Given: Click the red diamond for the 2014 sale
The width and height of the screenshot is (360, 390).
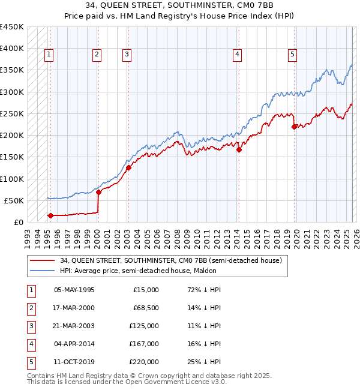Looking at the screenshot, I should tap(239, 150).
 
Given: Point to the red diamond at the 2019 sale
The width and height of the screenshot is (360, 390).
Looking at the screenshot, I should tap(294, 127).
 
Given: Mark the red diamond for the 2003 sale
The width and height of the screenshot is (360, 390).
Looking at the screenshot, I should tap(128, 168).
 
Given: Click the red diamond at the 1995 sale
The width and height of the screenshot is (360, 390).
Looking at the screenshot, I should tap(50, 215).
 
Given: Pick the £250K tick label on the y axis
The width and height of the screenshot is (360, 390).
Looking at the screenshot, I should tap(12, 113).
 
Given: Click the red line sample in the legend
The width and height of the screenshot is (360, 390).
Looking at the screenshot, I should tap(42, 260).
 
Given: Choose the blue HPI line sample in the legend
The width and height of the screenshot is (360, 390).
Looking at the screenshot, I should tap(42, 271).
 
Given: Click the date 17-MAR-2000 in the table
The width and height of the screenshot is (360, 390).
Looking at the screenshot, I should tap(74, 308).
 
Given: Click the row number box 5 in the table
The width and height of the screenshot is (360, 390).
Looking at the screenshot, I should tap(30, 362).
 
